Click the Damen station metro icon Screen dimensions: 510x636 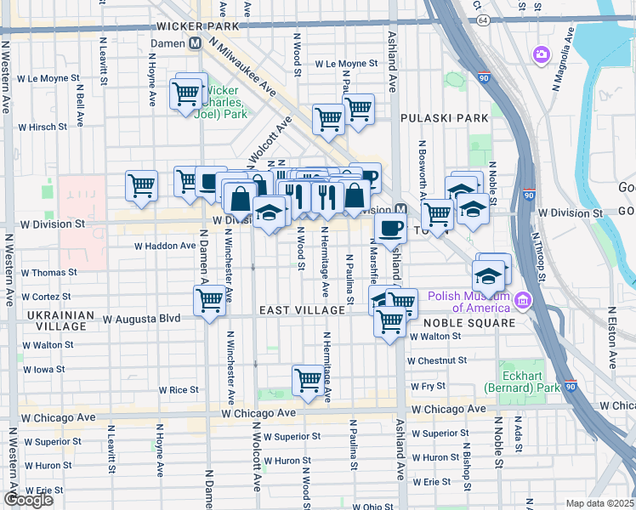(196, 42)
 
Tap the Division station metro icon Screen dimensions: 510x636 (399, 210)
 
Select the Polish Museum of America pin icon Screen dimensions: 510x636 (522, 299)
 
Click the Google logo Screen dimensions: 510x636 (28, 500)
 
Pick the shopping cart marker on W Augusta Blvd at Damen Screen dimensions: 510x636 (209, 300)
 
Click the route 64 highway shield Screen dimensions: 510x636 (484, 19)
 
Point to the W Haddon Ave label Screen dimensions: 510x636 (165, 246)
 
